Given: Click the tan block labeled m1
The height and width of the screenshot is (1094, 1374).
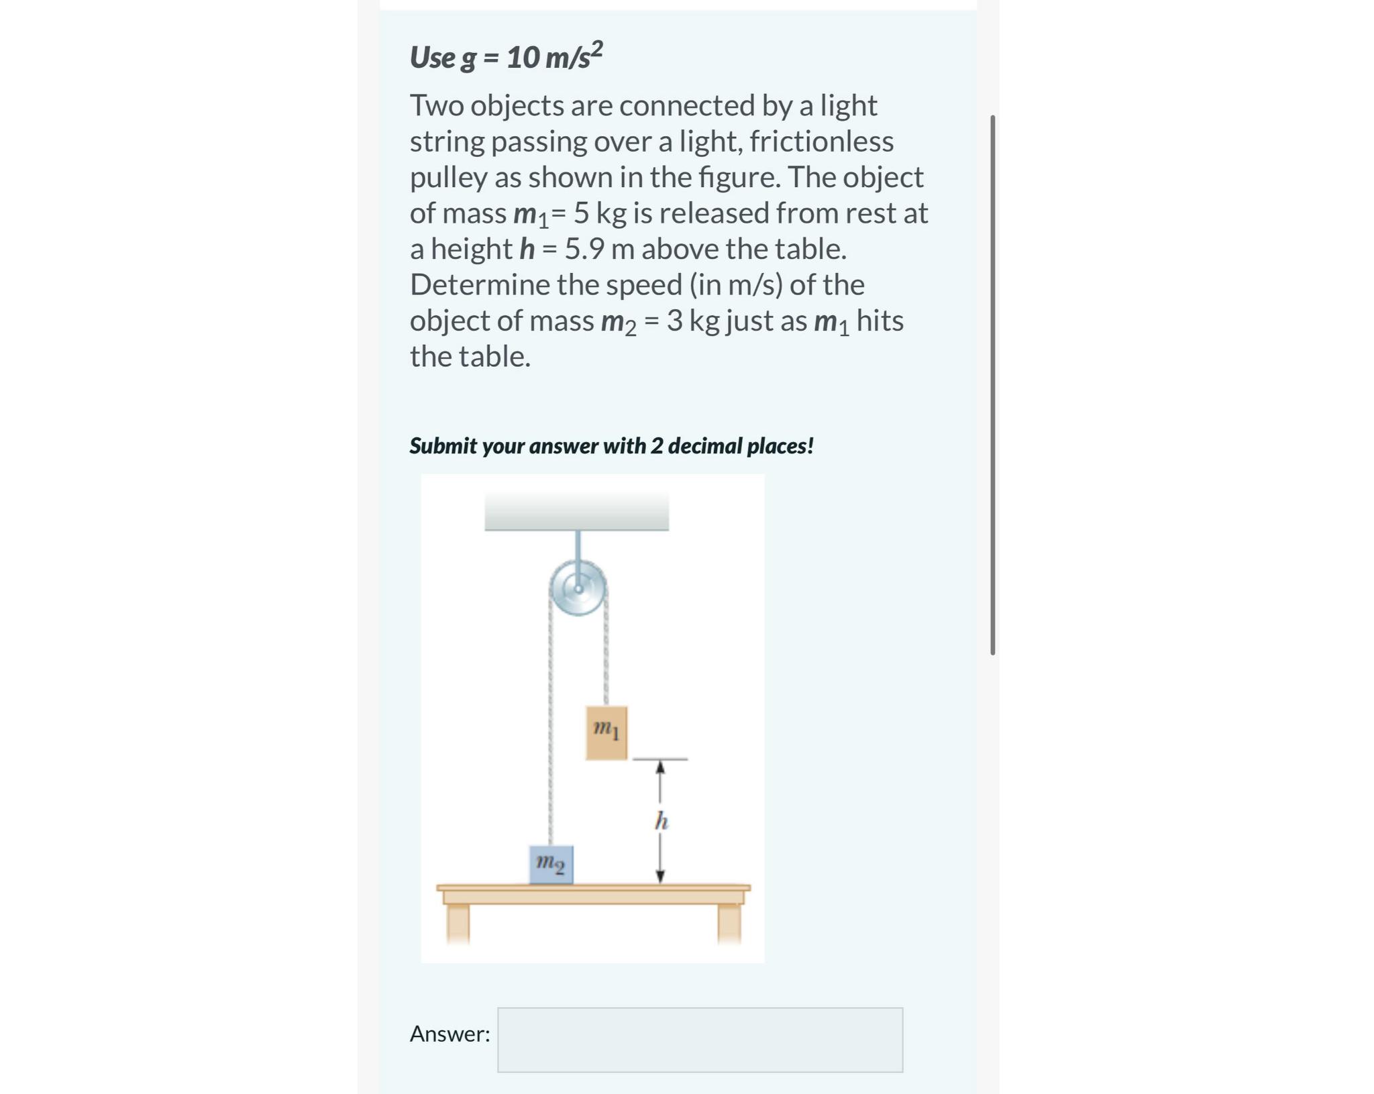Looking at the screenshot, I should pyautogui.click(x=606, y=732).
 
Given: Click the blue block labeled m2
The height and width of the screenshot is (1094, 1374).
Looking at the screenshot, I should pyautogui.click(x=551, y=865).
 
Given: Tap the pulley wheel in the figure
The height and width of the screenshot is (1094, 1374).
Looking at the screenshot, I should pyautogui.click(x=578, y=589).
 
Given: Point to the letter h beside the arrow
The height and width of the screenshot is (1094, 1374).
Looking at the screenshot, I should pyautogui.click(x=662, y=820).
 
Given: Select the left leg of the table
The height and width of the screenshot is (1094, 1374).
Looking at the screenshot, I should pyautogui.click(x=458, y=923).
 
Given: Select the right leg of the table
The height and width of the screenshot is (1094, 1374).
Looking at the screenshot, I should pyautogui.click(x=729, y=923).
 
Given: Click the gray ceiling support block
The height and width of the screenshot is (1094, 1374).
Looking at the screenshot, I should pyautogui.click(x=576, y=511).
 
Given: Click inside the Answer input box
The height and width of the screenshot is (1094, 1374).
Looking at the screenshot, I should pyautogui.click(x=700, y=1039).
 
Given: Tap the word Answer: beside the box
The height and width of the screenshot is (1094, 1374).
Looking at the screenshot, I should pyautogui.click(x=450, y=1034).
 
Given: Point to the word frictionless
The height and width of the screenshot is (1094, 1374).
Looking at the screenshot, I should pyautogui.click(x=821, y=142).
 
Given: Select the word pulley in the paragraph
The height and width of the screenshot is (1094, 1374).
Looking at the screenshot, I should pyautogui.click(x=448, y=178).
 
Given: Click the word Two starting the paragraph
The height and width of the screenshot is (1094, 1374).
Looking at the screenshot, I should pyautogui.click(x=436, y=106).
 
